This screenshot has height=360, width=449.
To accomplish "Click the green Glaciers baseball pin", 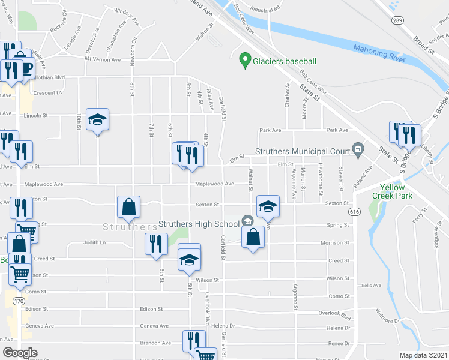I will tap(244, 60).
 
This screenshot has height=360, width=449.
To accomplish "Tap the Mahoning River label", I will tap(379, 52).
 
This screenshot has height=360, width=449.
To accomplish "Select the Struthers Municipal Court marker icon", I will tap(358, 148).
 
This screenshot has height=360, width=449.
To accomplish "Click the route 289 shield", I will tap(398, 20).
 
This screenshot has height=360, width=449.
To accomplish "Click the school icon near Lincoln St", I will tap(97, 120).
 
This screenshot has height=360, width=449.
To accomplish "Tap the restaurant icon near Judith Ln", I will tap(156, 244).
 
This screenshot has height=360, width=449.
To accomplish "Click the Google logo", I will tap(20, 353).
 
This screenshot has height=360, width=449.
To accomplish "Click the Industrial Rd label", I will tap(266, 10).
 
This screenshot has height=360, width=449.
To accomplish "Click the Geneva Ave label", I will tap(155, 326).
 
